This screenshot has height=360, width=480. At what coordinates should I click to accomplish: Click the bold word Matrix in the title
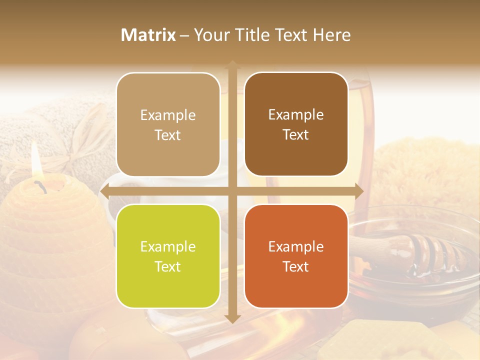click(x=148, y=35)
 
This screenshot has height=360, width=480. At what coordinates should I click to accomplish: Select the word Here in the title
click(x=331, y=35)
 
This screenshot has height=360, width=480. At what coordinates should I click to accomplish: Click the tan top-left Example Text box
click(x=168, y=124)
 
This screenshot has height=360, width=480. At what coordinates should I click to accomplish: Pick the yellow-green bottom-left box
click(x=168, y=256)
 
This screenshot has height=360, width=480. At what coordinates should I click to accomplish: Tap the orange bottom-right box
click(x=296, y=256)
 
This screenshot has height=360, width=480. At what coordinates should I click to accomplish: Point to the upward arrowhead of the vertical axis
click(x=232, y=65)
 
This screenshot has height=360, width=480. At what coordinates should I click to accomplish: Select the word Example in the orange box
click(x=296, y=246)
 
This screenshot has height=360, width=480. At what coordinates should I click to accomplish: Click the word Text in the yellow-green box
click(x=168, y=266)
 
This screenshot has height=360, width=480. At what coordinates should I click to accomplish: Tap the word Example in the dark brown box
click(x=296, y=114)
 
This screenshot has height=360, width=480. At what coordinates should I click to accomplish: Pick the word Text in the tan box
click(x=168, y=135)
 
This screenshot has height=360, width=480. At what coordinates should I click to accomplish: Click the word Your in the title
click(x=210, y=35)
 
